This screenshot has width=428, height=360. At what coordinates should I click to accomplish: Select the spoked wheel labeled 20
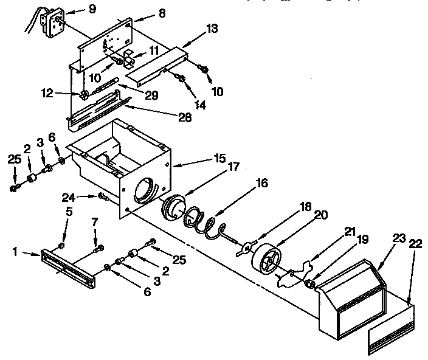268,259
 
